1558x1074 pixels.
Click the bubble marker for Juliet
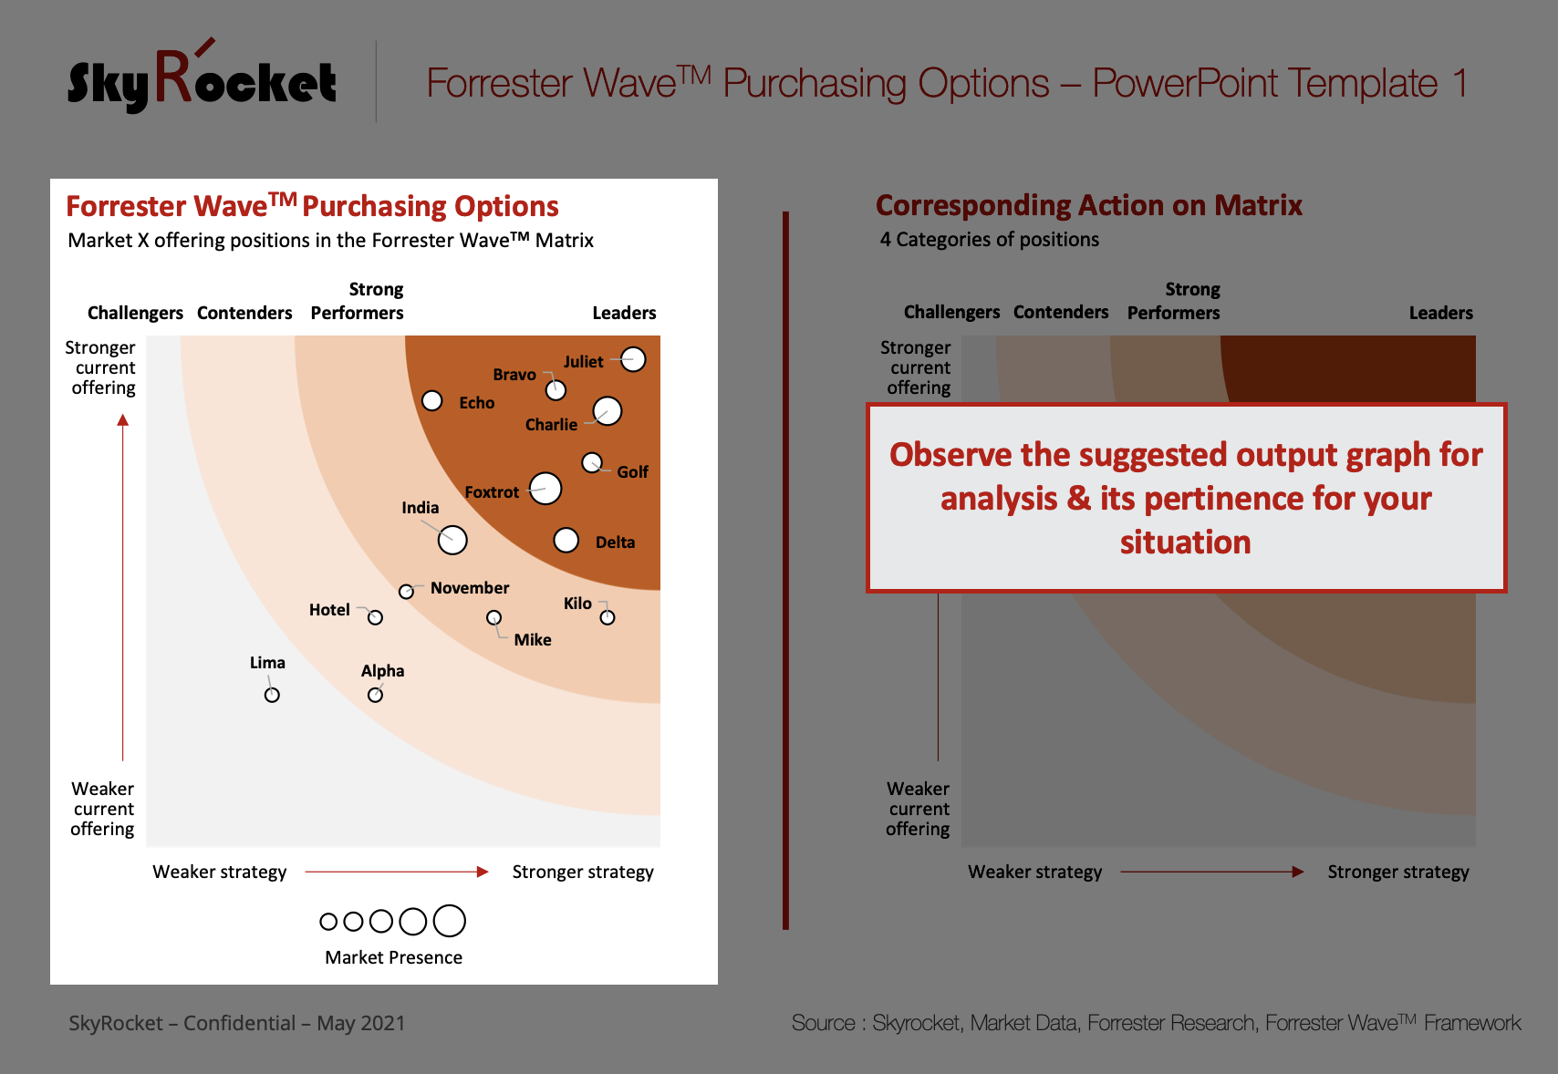pos(633,359)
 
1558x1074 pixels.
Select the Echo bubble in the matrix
pos(432,400)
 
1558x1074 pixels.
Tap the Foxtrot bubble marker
pos(545,488)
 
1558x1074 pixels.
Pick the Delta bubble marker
pos(566,540)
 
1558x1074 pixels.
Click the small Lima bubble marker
pos(272,695)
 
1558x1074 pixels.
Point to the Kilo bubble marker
pos(608,617)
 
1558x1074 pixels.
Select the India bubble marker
pos(452,540)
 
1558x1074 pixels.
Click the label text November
pos(470,588)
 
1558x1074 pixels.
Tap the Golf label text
pos(632,472)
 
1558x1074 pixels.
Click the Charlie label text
pos(551,425)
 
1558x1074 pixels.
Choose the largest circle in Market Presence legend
pos(450,921)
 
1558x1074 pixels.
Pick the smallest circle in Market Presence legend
pos(328,922)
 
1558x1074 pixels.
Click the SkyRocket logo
pos(202,77)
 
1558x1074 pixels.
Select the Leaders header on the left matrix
pos(624,313)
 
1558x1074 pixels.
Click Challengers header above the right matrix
pos(951,312)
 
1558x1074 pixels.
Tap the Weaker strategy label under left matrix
pos(219,872)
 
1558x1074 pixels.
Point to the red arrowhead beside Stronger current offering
pos(123,420)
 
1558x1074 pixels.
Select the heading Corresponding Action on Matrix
pos(1088,206)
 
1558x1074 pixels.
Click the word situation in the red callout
pos(1185,542)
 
